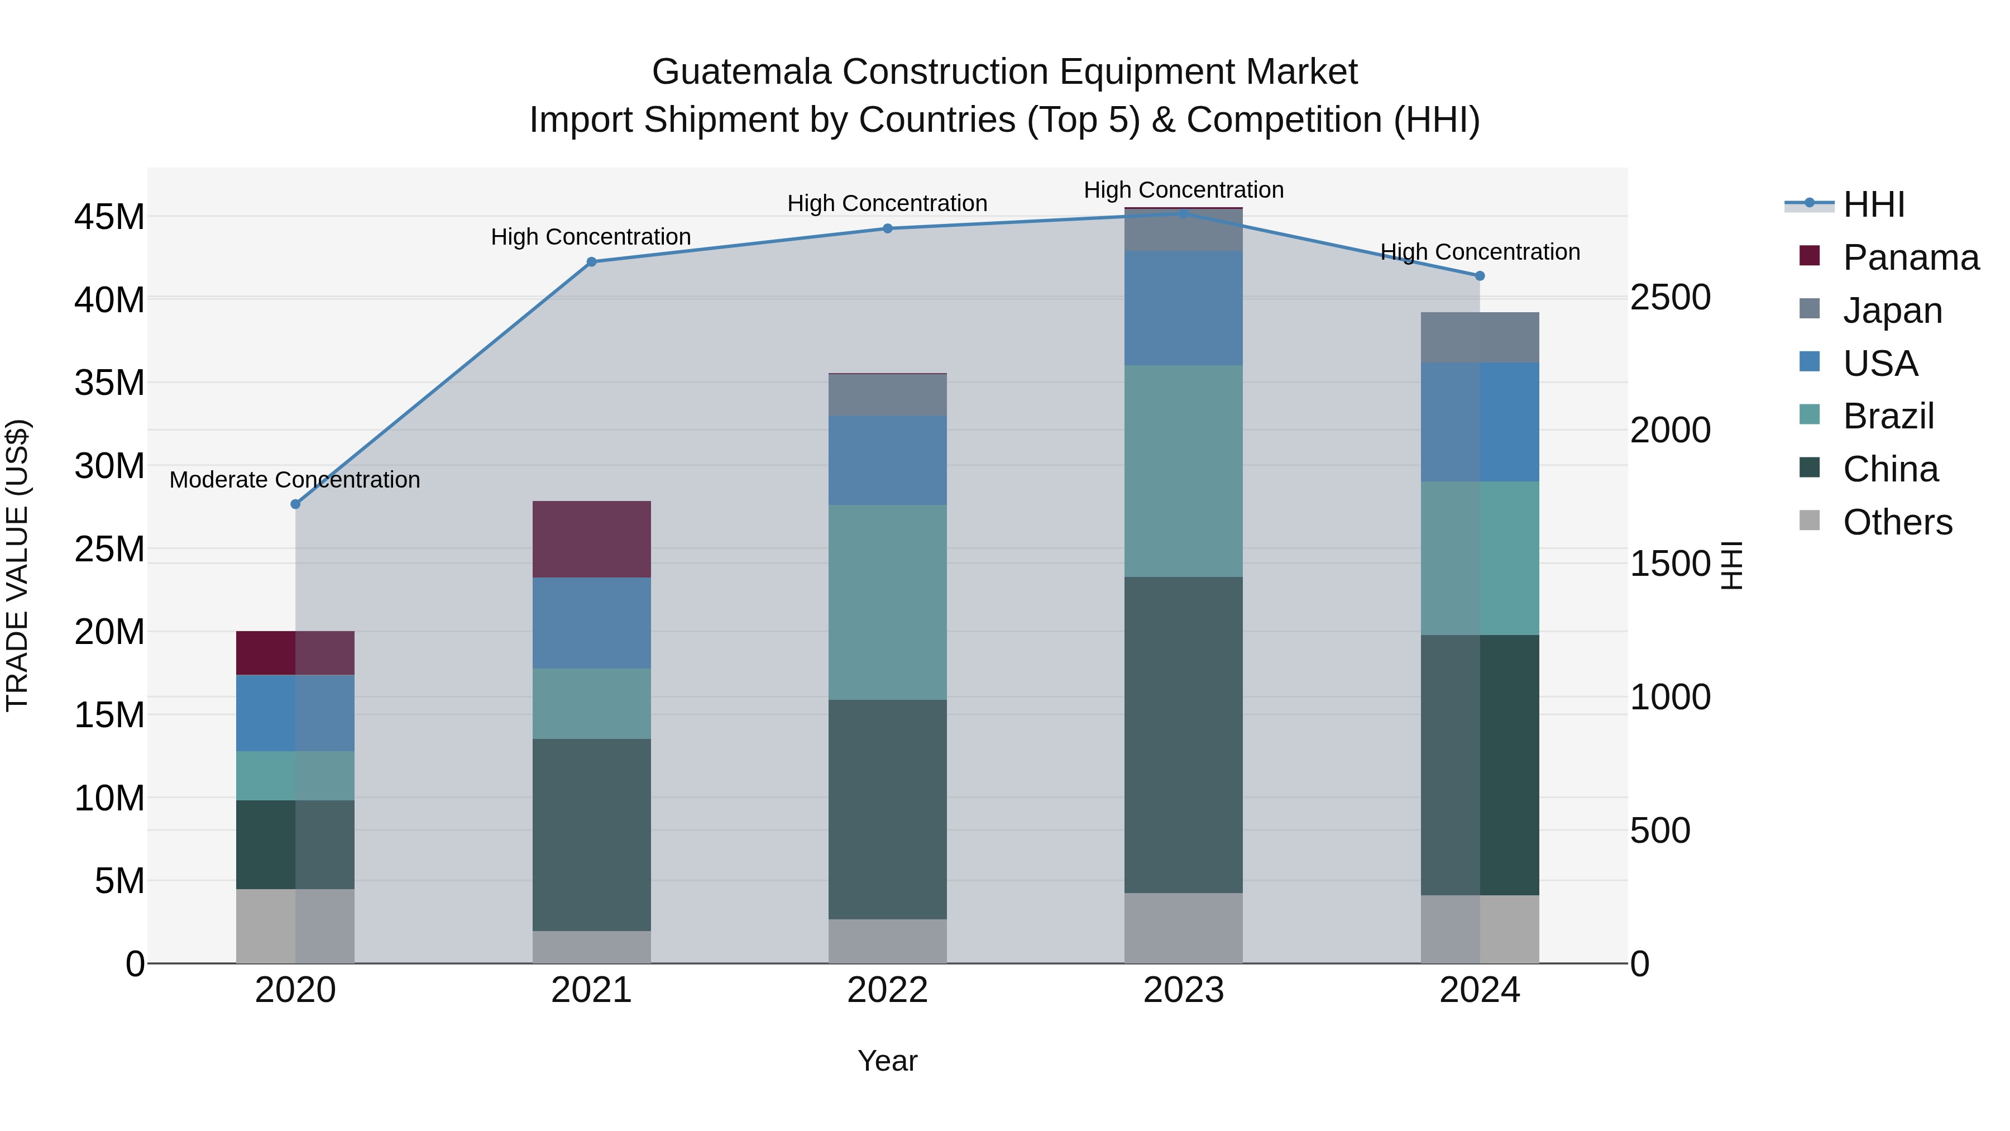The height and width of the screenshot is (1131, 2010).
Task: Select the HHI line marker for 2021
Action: (591, 263)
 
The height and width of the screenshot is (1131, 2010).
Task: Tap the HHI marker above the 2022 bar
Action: (887, 228)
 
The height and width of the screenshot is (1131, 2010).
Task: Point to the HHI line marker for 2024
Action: (1480, 275)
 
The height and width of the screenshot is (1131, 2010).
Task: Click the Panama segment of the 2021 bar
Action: (591, 540)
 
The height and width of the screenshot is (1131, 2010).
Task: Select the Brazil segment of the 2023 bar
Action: (1183, 471)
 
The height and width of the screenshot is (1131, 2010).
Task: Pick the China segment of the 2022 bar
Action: (887, 809)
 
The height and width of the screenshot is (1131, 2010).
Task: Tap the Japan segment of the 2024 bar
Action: (1480, 337)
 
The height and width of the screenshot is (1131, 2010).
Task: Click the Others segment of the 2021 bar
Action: (591, 947)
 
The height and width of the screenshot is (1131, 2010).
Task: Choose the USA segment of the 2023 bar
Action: (1183, 308)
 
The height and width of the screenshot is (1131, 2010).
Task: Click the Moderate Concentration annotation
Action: (294, 479)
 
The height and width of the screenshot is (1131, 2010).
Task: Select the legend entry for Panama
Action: (1910, 257)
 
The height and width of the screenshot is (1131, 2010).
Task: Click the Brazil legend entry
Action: (1888, 416)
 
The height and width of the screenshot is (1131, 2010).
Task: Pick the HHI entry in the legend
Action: (1873, 204)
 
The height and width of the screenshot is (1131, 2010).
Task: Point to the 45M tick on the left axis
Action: (109, 217)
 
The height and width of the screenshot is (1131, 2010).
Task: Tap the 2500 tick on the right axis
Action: (1671, 297)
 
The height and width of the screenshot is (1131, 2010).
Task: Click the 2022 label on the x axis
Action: (887, 990)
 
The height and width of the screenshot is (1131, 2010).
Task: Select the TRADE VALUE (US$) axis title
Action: (17, 565)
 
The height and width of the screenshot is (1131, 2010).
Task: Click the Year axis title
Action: (887, 1061)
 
